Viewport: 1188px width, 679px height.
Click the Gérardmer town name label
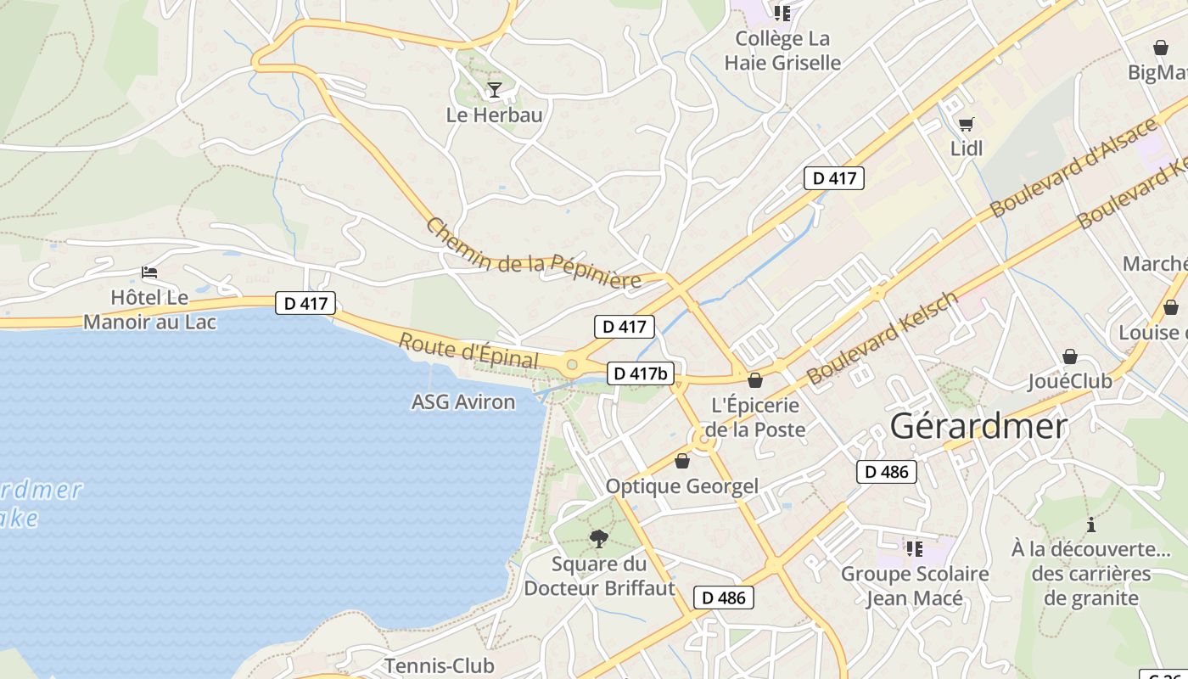tap(978, 426)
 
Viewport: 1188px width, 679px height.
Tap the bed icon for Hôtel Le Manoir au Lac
tap(150, 272)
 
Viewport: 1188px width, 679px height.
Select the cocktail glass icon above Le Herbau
tap(495, 89)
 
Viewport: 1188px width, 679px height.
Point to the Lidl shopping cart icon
tap(966, 125)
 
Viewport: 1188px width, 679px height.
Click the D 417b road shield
tap(641, 373)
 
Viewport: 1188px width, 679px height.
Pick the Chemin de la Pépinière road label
tap(533, 254)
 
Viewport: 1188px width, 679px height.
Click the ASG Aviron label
tap(462, 401)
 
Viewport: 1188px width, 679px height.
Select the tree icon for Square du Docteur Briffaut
tap(599, 538)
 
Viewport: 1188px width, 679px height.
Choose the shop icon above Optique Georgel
tap(682, 461)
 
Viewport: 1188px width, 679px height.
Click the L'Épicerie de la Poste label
tap(755, 418)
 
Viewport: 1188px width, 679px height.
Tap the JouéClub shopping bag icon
tap(1070, 356)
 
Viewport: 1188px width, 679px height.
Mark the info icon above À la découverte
tap(1090, 525)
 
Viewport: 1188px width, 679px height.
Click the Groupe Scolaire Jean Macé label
tap(915, 586)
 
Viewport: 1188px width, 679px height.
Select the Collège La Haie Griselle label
tap(782, 50)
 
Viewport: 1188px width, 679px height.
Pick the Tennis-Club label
tap(440, 665)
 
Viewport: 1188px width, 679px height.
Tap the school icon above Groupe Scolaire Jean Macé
tap(914, 549)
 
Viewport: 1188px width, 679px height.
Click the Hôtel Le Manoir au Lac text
tap(149, 310)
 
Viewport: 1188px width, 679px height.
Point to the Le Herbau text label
tap(494, 115)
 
